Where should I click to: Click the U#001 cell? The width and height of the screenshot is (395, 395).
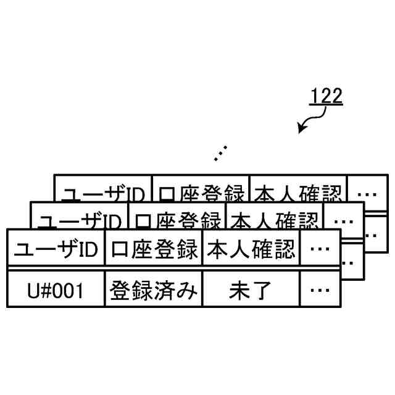(56, 289)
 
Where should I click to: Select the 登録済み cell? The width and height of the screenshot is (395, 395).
(154, 289)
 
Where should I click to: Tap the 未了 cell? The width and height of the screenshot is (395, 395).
(251, 289)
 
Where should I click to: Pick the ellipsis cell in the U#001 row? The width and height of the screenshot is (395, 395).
(320, 289)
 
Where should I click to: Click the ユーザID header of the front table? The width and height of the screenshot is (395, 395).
(56, 250)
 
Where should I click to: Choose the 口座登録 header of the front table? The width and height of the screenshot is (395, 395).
(154, 250)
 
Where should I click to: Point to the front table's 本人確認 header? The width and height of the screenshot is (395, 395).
(251, 250)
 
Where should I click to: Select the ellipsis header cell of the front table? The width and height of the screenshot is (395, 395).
(320, 250)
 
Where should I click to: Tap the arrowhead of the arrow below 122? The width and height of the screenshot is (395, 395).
(301, 130)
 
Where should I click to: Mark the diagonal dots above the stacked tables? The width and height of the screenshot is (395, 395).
(220, 152)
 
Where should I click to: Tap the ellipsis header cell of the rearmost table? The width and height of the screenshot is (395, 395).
(367, 193)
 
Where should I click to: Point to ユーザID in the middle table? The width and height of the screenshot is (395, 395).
(80, 220)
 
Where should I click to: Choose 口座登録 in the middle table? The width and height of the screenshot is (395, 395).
(177, 220)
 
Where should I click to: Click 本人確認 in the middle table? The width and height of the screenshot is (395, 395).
(274, 220)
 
